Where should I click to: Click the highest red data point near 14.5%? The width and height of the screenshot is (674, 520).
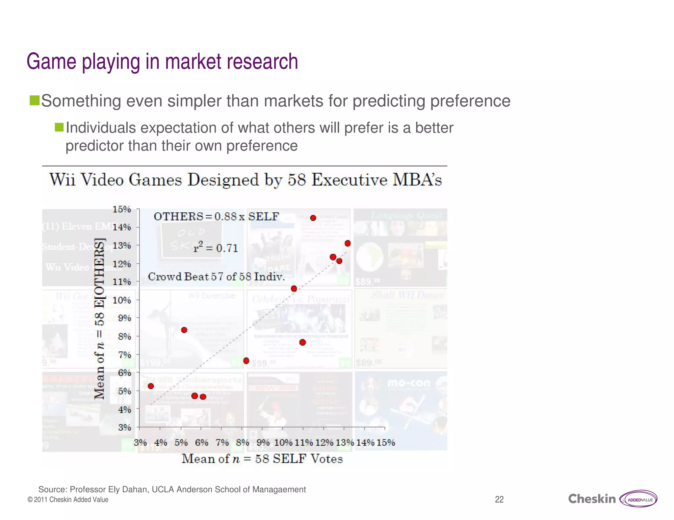pyautogui.click(x=313, y=218)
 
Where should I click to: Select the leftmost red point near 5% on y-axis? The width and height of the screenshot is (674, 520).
pyautogui.click(x=151, y=386)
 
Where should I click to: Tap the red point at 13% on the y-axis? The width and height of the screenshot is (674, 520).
pyautogui.click(x=348, y=243)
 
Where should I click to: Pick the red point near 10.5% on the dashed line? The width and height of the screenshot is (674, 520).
pyautogui.click(x=294, y=289)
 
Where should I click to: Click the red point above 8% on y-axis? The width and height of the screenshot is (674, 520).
pyautogui.click(x=184, y=330)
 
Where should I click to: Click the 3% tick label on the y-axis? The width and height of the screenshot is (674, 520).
pyautogui.click(x=124, y=427)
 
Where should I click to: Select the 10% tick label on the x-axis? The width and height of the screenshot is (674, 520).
pyautogui.click(x=283, y=442)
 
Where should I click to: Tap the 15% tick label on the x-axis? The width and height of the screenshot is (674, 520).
pyautogui.click(x=385, y=442)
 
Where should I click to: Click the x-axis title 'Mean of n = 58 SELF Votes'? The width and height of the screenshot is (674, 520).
pyautogui.click(x=262, y=459)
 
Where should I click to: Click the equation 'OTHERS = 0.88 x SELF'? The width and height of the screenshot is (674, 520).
pyautogui.click(x=216, y=217)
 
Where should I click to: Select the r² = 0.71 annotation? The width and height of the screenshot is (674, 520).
pyautogui.click(x=216, y=248)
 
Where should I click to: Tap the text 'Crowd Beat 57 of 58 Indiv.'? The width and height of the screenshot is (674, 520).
pyautogui.click(x=216, y=277)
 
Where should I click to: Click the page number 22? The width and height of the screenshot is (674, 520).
pyautogui.click(x=499, y=500)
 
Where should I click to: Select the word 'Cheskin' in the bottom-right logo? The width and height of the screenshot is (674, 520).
pyautogui.click(x=592, y=499)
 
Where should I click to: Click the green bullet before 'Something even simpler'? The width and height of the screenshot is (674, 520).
pyautogui.click(x=34, y=101)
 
